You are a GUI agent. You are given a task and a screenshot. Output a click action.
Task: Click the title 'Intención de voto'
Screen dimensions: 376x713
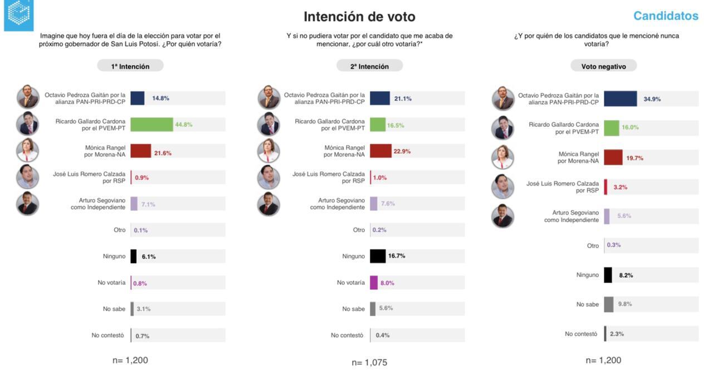(x=359, y=17)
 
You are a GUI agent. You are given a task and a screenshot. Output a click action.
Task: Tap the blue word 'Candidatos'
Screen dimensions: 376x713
(x=666, y=16)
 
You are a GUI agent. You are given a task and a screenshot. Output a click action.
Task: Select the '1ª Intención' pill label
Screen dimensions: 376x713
(x=130, y=66)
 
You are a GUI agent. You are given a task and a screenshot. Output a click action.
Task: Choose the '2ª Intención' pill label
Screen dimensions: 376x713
(x=369, y=66)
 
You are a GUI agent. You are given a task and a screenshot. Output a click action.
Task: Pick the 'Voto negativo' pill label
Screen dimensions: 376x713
(x=603, y=66)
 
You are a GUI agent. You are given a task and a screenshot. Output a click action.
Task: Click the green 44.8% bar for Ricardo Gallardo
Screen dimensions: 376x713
(x=152, y=125)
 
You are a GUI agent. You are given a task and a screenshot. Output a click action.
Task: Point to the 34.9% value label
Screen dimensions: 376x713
(x=652, y=99)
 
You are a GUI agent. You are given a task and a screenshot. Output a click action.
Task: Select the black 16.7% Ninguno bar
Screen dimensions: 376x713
(x=378, y=256)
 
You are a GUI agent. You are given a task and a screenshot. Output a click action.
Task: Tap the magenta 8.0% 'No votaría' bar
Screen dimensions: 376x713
(x=374, y=283)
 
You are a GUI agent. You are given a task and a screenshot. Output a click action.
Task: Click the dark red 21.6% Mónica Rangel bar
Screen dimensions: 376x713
(x=141, y=151)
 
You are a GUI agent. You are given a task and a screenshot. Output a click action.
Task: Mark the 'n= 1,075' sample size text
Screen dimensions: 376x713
(x=369, y=363)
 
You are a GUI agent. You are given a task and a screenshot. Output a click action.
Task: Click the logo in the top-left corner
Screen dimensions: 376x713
(x=18, y=15)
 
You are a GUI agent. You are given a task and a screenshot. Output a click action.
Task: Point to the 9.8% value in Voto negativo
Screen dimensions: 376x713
(x=625, y=304)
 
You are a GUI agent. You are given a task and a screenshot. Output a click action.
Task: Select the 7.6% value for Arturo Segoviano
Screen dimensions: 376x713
(x=388, y=204)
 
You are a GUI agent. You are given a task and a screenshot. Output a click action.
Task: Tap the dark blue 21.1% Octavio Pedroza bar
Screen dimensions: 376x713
(x=380, y=98)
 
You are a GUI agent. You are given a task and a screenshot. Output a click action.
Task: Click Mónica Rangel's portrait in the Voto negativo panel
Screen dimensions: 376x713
(x=502, y=157)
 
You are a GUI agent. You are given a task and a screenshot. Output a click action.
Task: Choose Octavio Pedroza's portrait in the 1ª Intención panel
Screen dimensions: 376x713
(x=28, y=97)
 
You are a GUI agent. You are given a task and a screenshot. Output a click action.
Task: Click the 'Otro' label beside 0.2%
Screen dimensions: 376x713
(x=359, y=230)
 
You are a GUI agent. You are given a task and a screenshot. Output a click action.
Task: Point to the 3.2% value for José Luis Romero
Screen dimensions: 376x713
(x=620, y=187)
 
